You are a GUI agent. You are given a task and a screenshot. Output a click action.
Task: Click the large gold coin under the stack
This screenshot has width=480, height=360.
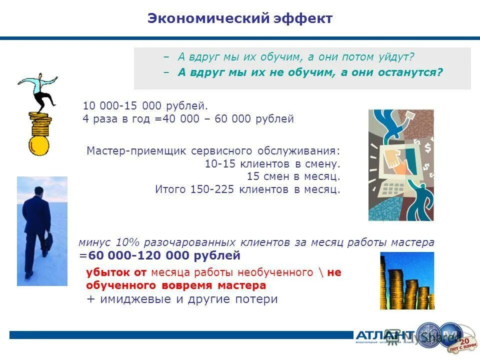(x=39, y=145)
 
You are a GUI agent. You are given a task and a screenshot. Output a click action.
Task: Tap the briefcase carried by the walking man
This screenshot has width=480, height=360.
(x=47, y=243)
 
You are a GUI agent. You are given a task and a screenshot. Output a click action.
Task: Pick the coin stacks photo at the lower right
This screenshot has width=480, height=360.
(x=406, y=280)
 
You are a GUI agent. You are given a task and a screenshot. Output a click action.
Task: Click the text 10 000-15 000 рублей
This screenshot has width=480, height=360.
(x=145, y=106)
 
